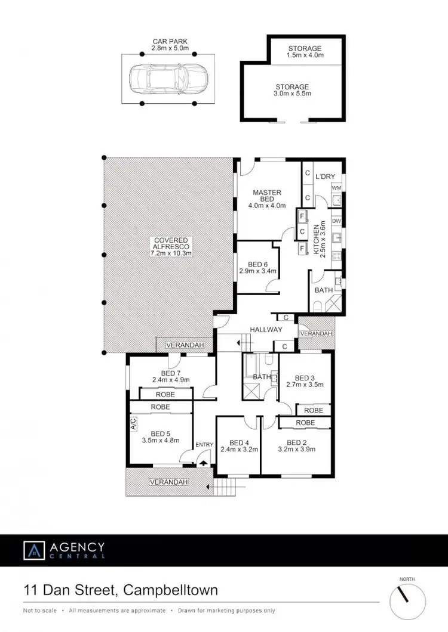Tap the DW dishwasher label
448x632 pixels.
[x=336, y=221]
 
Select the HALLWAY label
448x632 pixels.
[x=266, y=330]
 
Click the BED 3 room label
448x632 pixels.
[x=305, y=377]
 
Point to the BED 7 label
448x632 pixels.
[x=162, y=373]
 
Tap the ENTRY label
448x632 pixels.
[x=204, y=445]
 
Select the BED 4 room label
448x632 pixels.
[x=238, y=442]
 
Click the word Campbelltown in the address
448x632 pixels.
[x=170, y=590]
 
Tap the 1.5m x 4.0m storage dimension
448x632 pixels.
[x=305, y=55]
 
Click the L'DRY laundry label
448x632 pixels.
[x=326, y=176]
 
